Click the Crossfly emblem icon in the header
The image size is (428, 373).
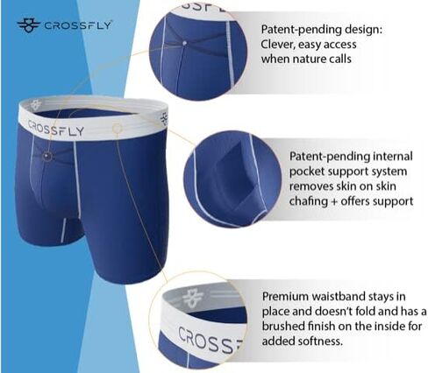(x=28, y=25)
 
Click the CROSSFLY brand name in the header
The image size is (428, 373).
(x=77, y=25)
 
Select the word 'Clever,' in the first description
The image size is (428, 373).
(x=276, y=45)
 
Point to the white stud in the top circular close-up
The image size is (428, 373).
(x=184, y=43)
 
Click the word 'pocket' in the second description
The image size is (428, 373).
(x=307, y=172)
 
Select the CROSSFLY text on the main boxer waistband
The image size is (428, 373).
(x=56, y=129)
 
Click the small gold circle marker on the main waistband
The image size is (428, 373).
(x=117, y=128)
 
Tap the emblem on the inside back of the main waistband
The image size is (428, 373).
(x=36, y=104)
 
